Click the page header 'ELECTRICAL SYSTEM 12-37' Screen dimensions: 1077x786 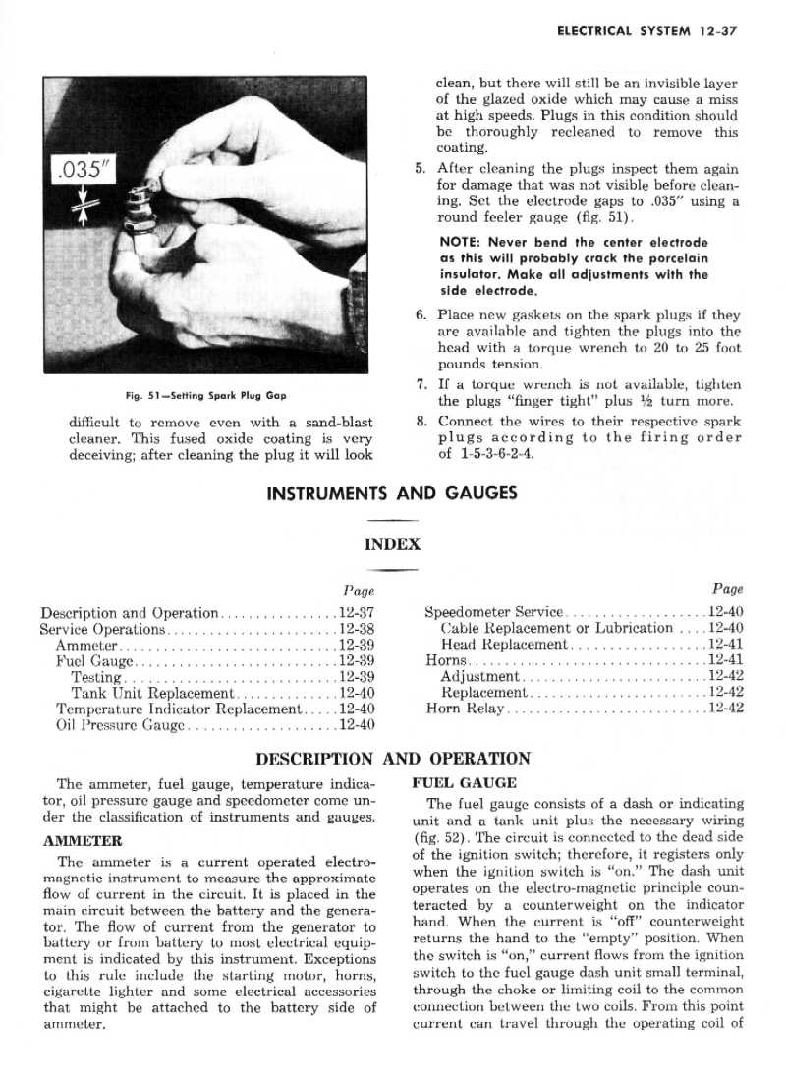point(646,31)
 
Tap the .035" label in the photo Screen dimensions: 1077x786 point(85,170)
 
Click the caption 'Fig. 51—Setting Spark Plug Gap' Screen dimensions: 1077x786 point(205,395)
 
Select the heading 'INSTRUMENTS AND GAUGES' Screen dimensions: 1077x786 point(392,491)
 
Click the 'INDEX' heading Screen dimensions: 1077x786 point(392,543)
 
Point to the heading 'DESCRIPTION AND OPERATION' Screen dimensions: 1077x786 point(392,759)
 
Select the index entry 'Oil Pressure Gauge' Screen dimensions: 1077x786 point(121,726)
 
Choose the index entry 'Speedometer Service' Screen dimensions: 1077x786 point(493,612)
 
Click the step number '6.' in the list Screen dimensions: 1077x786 point(420,315)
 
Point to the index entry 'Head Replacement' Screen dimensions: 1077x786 point(504,645)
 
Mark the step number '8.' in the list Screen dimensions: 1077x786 point(420,420)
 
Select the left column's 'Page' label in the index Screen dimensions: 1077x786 point(361,590)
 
